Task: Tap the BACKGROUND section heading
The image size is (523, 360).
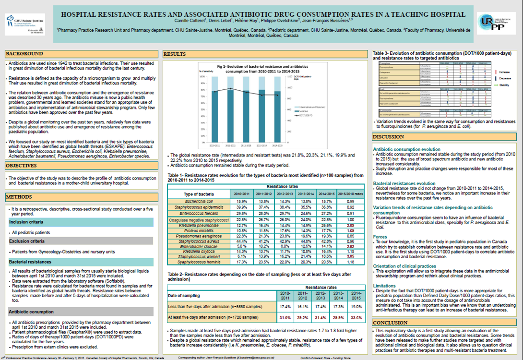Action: (24, 54)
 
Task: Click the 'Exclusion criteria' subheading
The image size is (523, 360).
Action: (27, 241)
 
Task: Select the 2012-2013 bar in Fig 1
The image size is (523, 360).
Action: (246, 115)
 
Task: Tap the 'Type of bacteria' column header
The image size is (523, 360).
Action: (199, 193)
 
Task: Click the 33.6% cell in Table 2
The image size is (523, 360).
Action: (357, 317)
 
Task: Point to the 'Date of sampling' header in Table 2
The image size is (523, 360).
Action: (185, 295)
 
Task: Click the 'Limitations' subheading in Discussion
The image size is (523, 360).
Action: (385, 285)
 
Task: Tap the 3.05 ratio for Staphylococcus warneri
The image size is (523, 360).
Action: (350, 256)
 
